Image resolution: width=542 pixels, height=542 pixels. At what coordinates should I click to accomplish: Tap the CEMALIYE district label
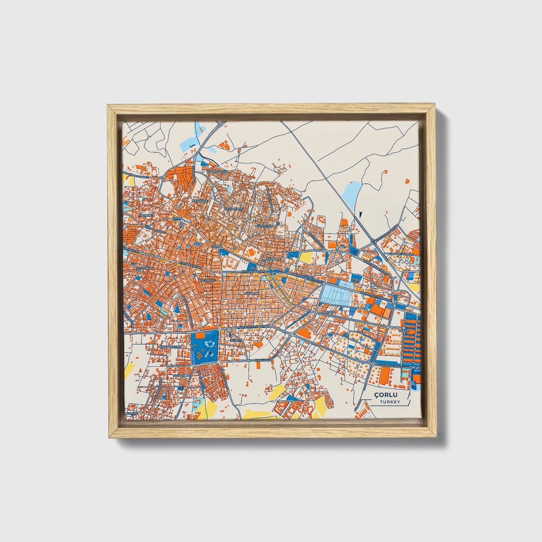click(x=200, y=201)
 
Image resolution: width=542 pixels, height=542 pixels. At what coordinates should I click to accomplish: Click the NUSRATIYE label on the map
click(x=263, y=226)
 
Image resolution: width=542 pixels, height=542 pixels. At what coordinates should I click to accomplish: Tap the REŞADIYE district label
click(x=209, y=280)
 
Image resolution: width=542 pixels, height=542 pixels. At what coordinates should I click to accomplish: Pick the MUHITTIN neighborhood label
click(x=252, y=293)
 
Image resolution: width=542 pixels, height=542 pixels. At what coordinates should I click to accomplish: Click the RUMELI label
click(x=237, y=340)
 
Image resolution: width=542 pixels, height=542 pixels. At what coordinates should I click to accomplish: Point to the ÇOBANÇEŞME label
click(x=171, y=347)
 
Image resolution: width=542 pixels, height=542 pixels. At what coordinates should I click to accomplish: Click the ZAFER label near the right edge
click(x=404, y=331)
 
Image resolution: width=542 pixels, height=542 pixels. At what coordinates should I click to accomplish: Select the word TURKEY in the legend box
click(x=390, y=402)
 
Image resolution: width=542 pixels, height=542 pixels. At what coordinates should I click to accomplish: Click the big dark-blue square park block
click(x=205, y=347)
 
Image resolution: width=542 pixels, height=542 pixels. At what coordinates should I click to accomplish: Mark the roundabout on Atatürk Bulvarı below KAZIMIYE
click(x=271, y=270)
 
